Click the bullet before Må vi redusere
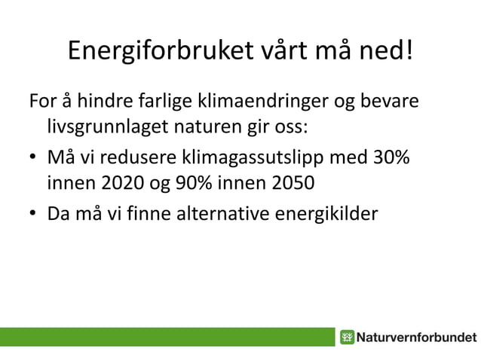(33, 160)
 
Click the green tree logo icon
(347, 337)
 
